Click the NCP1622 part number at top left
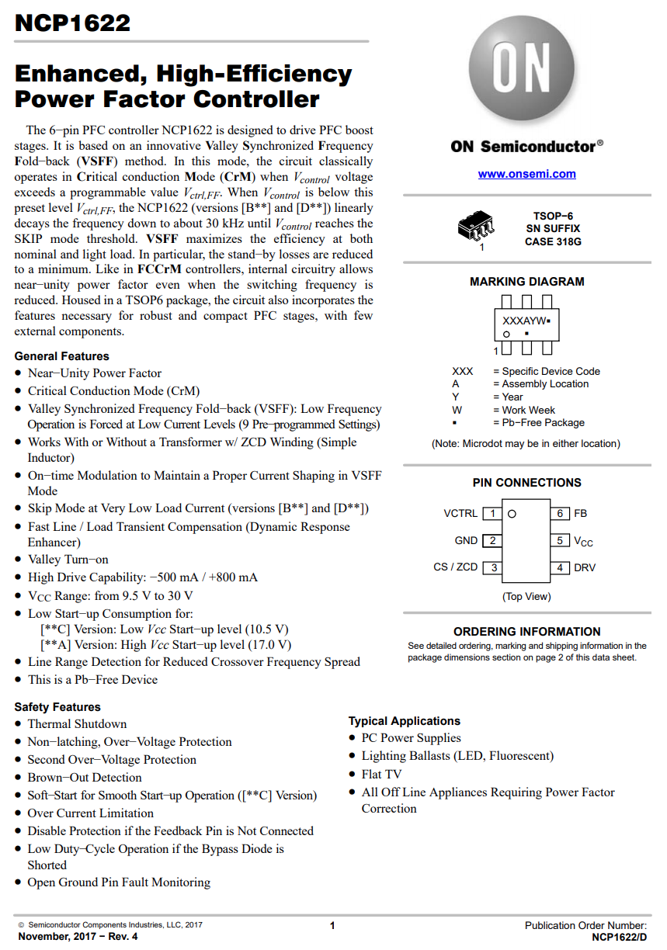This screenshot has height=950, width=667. pos(72,23)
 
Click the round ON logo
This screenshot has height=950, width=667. pos(523,71)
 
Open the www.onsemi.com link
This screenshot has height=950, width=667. pos(526,174)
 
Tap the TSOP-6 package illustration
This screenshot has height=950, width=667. pos(477,227)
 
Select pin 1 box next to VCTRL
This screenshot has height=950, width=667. pos(492,514)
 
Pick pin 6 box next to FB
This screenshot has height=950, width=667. pos(559,514)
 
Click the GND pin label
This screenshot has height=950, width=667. pos(466,540)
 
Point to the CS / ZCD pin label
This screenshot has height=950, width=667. pos(455,567)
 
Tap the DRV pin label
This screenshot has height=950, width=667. pos(585,567)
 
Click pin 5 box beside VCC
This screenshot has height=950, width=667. pos(559,540)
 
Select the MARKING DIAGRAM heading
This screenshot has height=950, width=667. pos(526,282)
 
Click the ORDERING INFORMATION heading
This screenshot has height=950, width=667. pos(526,632)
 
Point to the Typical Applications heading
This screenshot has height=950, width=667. pos(404,721)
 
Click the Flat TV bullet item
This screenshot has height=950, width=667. pos(381,774)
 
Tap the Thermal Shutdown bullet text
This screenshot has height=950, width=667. pos(77,724)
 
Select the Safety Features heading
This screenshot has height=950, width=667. pos(57,707)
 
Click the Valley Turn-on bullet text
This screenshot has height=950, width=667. pos(68,560)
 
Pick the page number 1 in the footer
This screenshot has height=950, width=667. pos(332,925)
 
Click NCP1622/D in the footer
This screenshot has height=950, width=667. pos(619,937)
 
